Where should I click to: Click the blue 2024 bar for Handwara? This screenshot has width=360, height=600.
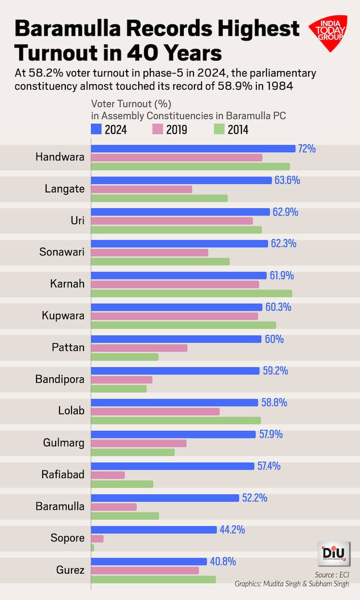(193, 149)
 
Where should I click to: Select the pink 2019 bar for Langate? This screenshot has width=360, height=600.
(142, 189)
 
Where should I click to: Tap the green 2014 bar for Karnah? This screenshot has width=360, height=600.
(192, 293)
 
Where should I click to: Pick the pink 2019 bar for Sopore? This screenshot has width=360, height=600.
(97, 539)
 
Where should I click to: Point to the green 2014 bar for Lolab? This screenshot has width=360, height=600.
(176, 420)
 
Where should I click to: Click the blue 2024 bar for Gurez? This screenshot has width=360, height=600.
(149, 562)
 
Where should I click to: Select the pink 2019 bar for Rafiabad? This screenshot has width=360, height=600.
(108, 475)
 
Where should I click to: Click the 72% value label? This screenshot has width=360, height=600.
(307, 149)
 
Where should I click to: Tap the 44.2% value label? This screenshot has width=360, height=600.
(232, 530)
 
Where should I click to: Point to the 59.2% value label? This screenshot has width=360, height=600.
(276, 371)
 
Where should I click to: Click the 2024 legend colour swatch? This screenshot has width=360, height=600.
(96, 129)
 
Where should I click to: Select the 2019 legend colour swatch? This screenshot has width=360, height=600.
(157, 129)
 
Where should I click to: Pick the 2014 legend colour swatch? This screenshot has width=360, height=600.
(219, 129)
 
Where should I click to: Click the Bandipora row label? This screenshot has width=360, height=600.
(60, 379)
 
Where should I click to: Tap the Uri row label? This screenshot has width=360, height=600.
(77, 220)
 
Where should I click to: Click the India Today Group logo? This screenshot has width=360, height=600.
(328, 33)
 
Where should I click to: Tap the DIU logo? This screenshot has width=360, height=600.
(334, 553)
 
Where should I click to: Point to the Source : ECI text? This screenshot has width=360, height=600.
(332, 575)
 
